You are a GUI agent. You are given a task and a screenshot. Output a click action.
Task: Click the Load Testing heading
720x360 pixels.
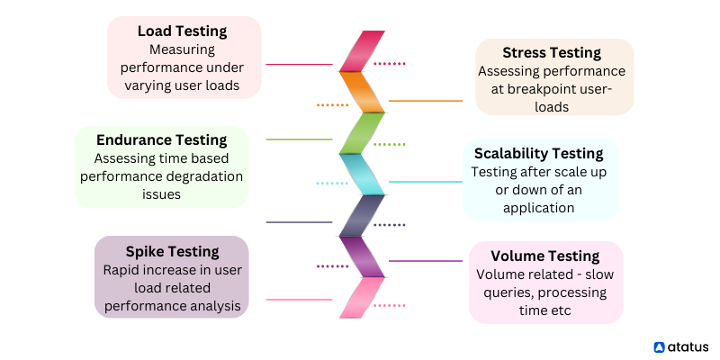pos(183,31)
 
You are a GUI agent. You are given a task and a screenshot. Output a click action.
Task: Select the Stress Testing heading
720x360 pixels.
pos(552,53)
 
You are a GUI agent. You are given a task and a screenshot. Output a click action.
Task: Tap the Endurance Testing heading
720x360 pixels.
pos(162,140)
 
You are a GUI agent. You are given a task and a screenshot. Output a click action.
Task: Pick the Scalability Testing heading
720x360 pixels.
pos(538,153)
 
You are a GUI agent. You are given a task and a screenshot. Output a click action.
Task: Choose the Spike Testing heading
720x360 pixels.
pos(172,252)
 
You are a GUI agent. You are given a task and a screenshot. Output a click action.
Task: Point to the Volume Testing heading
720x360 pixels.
pos(545,256)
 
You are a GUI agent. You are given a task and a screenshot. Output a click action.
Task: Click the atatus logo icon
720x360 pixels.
pos(659,346)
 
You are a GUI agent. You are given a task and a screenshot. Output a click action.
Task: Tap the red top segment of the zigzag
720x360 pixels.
pos(362,51)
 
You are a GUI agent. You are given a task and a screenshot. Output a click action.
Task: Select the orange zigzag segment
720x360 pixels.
pos(362,93)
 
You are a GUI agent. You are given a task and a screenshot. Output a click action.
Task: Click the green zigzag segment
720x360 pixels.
pos(362,133)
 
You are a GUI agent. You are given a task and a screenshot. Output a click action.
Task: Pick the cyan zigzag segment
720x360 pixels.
pos(362,175)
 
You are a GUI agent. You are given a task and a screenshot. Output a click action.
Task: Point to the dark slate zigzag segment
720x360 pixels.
pos(362,215)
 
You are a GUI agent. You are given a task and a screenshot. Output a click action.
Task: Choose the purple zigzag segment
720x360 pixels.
pos(362,256)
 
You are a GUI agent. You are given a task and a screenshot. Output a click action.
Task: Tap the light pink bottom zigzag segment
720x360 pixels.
pos(362,298)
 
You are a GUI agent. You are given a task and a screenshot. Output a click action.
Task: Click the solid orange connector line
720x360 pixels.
pos(426,101)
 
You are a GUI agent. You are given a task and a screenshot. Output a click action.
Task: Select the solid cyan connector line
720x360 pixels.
pos(426,182)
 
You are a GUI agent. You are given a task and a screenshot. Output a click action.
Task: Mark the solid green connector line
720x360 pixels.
pos(299,139)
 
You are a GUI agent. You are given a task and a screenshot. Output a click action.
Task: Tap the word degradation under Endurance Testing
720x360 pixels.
pos(211,176)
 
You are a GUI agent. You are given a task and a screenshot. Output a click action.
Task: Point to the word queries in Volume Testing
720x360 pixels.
pos(502,292)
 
